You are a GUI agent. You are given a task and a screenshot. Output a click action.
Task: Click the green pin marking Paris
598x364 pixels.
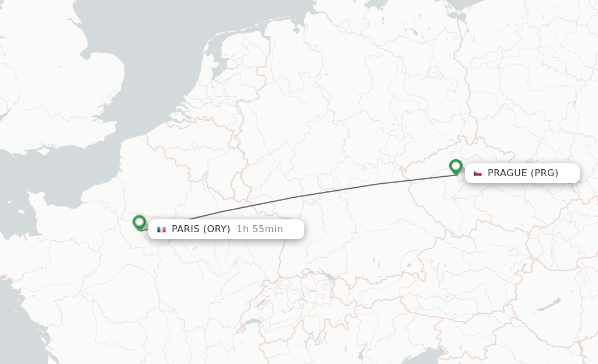coord(139,222)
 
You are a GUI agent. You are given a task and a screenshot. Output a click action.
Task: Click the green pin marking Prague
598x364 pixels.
coord(456,166)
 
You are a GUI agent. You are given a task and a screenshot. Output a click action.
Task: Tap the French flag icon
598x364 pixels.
coord(161,229)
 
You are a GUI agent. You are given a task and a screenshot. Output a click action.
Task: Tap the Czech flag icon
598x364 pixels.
coord(478,173)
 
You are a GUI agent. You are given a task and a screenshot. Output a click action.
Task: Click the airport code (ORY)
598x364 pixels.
coord(217,229)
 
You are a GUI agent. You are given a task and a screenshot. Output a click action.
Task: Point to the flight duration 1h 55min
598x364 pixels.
coord(259,229)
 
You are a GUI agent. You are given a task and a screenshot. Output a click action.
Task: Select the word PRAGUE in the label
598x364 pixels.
coord(507,173)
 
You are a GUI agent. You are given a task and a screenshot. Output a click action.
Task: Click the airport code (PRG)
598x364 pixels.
coord(544,173)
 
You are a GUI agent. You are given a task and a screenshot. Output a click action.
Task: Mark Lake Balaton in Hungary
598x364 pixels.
coord(549,304)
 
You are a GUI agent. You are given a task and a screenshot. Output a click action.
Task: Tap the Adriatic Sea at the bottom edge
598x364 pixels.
coord(432,356)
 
